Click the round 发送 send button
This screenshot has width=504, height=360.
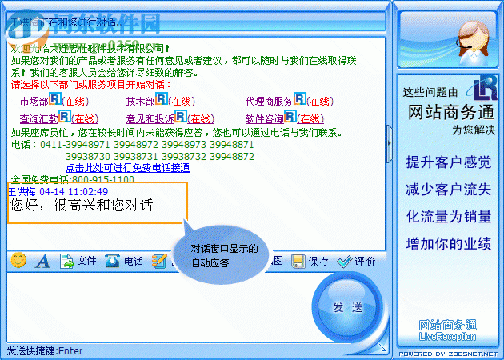click(x=348, y=307)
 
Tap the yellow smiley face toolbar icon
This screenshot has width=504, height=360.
click(x=18, y=260)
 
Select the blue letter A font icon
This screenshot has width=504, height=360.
click(x=42, y=261)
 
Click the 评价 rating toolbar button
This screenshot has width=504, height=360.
click(x=357, y=261)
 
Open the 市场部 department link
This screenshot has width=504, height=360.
click(x=34, y=102)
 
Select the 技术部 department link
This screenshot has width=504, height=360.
click(x=140, y=102)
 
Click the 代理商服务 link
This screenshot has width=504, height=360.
click(x=269, y=102)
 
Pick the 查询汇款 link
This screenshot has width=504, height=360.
click(x=34, y=119)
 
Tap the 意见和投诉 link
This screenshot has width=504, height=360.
click(x=150, y=119)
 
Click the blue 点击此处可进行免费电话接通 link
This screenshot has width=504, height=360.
click(x=127, y=168)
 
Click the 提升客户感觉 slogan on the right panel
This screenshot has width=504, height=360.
click(x=449, y=162)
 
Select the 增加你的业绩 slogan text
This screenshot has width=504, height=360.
click(x=449, y=243)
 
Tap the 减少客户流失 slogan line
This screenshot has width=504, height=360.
click(x=449, y=190)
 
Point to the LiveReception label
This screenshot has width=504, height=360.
click(x=448, y=337)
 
